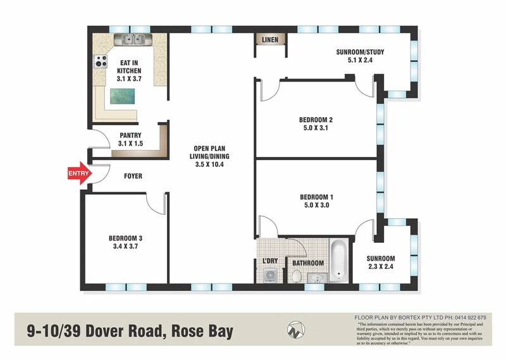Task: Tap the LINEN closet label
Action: coord(269,40)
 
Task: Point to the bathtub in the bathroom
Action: coord(338,260)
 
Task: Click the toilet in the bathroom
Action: coord(296,275)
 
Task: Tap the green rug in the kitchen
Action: coord(123,96)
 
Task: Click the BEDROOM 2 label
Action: coord(316,120)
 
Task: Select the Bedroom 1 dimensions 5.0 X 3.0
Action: coord(316,205)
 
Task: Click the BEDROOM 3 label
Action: coord(125,238)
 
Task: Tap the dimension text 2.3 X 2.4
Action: coord(380,267)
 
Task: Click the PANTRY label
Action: coord(130,135)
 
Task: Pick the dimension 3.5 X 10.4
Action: coord(211,164)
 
